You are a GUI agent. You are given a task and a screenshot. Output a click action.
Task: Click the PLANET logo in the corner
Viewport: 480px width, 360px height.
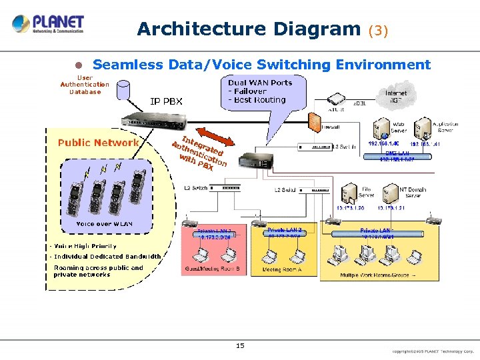(48, 24)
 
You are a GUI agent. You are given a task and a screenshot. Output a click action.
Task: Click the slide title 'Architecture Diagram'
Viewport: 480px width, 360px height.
(249, 29)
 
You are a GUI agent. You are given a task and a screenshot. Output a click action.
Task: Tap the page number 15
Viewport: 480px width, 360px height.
(240, 345)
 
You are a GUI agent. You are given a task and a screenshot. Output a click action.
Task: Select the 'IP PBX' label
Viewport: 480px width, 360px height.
(166, 102)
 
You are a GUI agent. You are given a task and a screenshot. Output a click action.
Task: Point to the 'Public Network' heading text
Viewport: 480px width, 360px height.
(98, 142)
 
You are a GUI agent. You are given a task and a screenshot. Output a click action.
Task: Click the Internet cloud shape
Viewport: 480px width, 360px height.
(395, 98)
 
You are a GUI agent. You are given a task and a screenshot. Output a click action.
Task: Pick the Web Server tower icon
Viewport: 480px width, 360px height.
(381, 127)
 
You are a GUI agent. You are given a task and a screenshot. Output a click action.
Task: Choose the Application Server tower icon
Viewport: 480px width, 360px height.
(423, 127)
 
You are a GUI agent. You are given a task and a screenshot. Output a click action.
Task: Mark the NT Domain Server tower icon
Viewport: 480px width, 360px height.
(392, 193)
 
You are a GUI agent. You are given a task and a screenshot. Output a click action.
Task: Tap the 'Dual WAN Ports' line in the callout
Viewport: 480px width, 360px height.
(260, 83)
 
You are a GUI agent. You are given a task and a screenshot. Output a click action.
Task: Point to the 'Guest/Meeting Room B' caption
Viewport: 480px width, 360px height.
(212, 269)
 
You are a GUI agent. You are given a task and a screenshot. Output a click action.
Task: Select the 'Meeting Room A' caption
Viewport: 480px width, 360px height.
(281, 269)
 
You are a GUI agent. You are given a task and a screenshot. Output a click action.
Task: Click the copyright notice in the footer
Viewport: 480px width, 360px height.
(433, 350)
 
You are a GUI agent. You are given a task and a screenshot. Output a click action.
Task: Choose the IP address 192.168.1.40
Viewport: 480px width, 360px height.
(382, 143)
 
